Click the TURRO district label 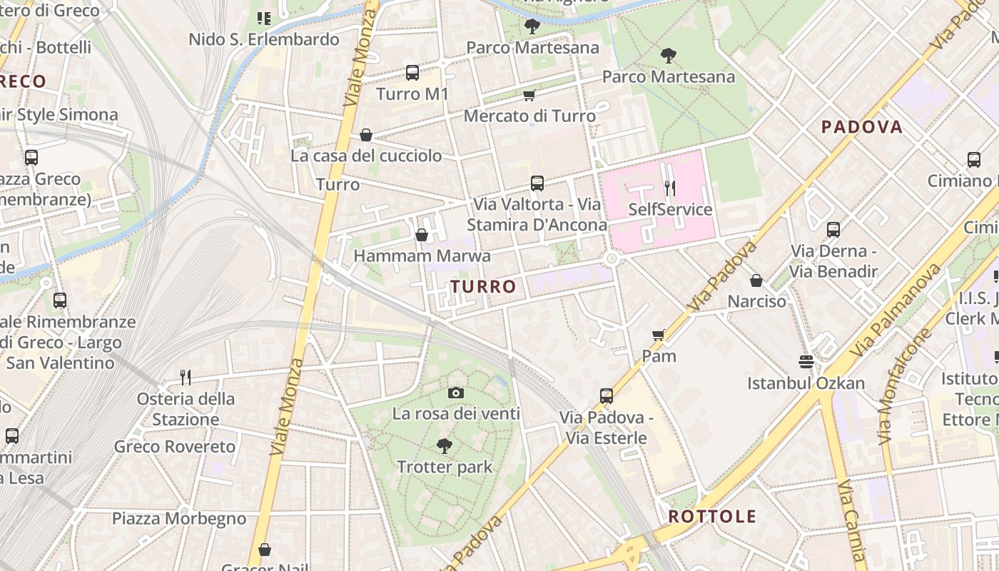(483, 287)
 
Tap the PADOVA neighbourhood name (862, 127)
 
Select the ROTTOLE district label (712, 517)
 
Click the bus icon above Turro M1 (412, 73)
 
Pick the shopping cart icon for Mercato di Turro (529, 96)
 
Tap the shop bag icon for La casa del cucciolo (366, 135)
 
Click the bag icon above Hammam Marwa (422, 235)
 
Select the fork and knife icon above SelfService (669, 188)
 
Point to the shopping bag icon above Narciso (756, 281)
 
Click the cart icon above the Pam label (658, 335)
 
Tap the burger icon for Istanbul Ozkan (806, 362)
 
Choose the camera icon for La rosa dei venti (456, 393)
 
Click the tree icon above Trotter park (444, 446)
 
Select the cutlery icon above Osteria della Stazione (186, 377)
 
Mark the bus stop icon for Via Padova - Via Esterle (606, 395)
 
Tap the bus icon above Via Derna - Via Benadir (833, 230)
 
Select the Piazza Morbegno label (179, 519)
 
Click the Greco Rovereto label (175, 448)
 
